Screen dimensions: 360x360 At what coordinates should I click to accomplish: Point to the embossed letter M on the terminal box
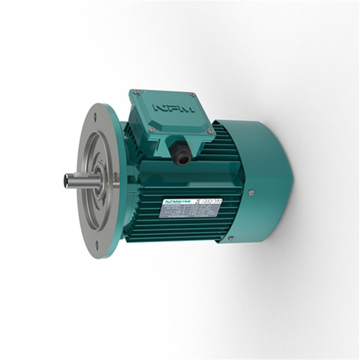186,108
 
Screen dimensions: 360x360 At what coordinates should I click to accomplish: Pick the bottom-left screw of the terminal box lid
152,129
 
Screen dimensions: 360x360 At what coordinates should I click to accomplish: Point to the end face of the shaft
67,181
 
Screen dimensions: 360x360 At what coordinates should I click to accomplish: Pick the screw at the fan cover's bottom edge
230,238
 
